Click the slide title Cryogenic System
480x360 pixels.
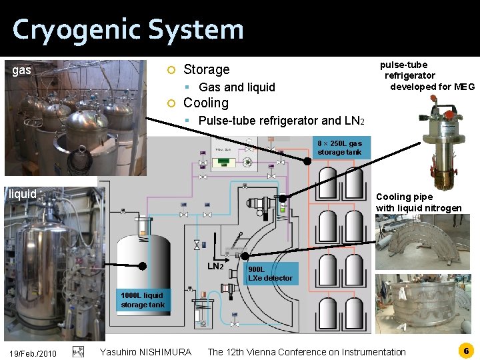[x=128, y=30]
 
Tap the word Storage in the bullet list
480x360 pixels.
[x=206, y=69]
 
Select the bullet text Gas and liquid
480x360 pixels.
[x=237, y=87]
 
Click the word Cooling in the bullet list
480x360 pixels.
[x=205, y=103]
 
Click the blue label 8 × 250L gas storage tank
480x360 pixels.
[x=339, y=147]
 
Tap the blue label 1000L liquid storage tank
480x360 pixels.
[x=142, y=300]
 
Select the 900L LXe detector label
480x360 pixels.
[x=269, y=273]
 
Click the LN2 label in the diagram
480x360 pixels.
[x=215, y=267]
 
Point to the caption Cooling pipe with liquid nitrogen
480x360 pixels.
[x=419, y=203]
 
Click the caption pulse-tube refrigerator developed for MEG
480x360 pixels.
[x=426, y=75]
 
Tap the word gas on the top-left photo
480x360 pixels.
[x=22, y=69]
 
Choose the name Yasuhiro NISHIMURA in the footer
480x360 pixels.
[x=145, y=352]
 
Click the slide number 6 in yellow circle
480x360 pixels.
[x=466, y=350]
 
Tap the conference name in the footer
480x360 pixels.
[x=306, y=352]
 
